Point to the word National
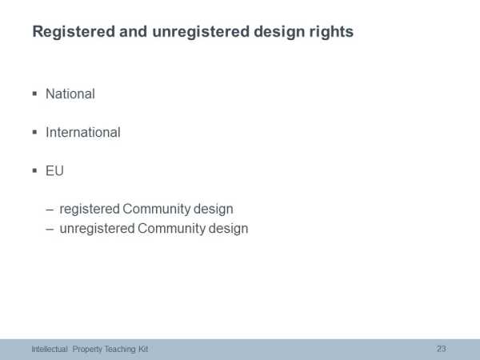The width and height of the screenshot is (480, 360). (70, 94)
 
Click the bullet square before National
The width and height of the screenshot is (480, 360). (34, 94)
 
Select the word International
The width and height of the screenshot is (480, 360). (83, 132)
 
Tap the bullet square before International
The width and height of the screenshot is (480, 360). (34, 132)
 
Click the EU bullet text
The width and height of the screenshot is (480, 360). (54, 171)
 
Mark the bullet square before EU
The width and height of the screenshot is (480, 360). (34, 170)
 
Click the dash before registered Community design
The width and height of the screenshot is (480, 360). (50, 210)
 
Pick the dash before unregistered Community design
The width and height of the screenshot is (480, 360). (50, 230)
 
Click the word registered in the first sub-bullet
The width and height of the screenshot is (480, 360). (90, 210)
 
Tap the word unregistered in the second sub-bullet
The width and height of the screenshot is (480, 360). (97, 229)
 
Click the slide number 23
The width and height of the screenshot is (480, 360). (441, 349)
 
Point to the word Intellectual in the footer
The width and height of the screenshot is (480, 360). (50, 349)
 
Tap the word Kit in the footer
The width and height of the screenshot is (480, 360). (143, 349)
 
